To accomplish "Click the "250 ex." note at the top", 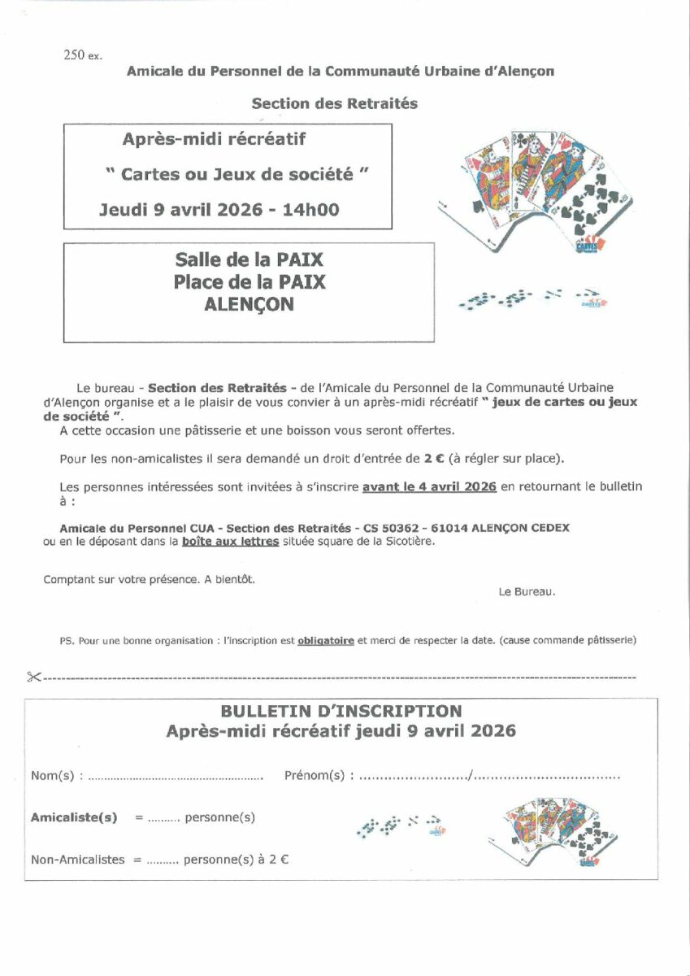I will [x=82, y=55].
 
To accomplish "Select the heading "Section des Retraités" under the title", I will [x=334, y=103].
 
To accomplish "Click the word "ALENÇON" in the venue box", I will [x=250, y=305].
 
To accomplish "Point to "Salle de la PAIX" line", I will [x=249, y=260].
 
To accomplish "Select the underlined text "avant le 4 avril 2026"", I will [x=429, y=486].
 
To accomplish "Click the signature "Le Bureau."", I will [x=527, y=592].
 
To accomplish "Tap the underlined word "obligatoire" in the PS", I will [x=325, y=640].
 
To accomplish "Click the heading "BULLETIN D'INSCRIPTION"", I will [x=341, y=712].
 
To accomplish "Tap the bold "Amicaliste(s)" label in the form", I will [x=74, y=817].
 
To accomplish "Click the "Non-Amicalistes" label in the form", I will [x=78, y=859].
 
